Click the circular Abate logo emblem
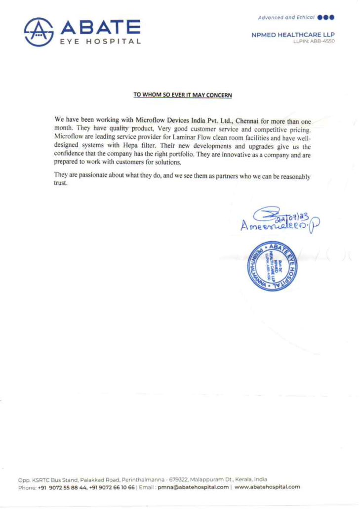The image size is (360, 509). coord(39,32)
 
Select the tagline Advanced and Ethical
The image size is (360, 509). coord(286,17)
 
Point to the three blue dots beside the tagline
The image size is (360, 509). coord(327,17)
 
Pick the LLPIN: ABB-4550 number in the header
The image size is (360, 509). coord(314,41)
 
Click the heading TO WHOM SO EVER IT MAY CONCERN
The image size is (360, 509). coord(182,95)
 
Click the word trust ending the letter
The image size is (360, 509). coord(60,183)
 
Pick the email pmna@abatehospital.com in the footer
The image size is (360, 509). coord(193,487)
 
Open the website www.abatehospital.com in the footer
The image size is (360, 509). coord(267,487)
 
